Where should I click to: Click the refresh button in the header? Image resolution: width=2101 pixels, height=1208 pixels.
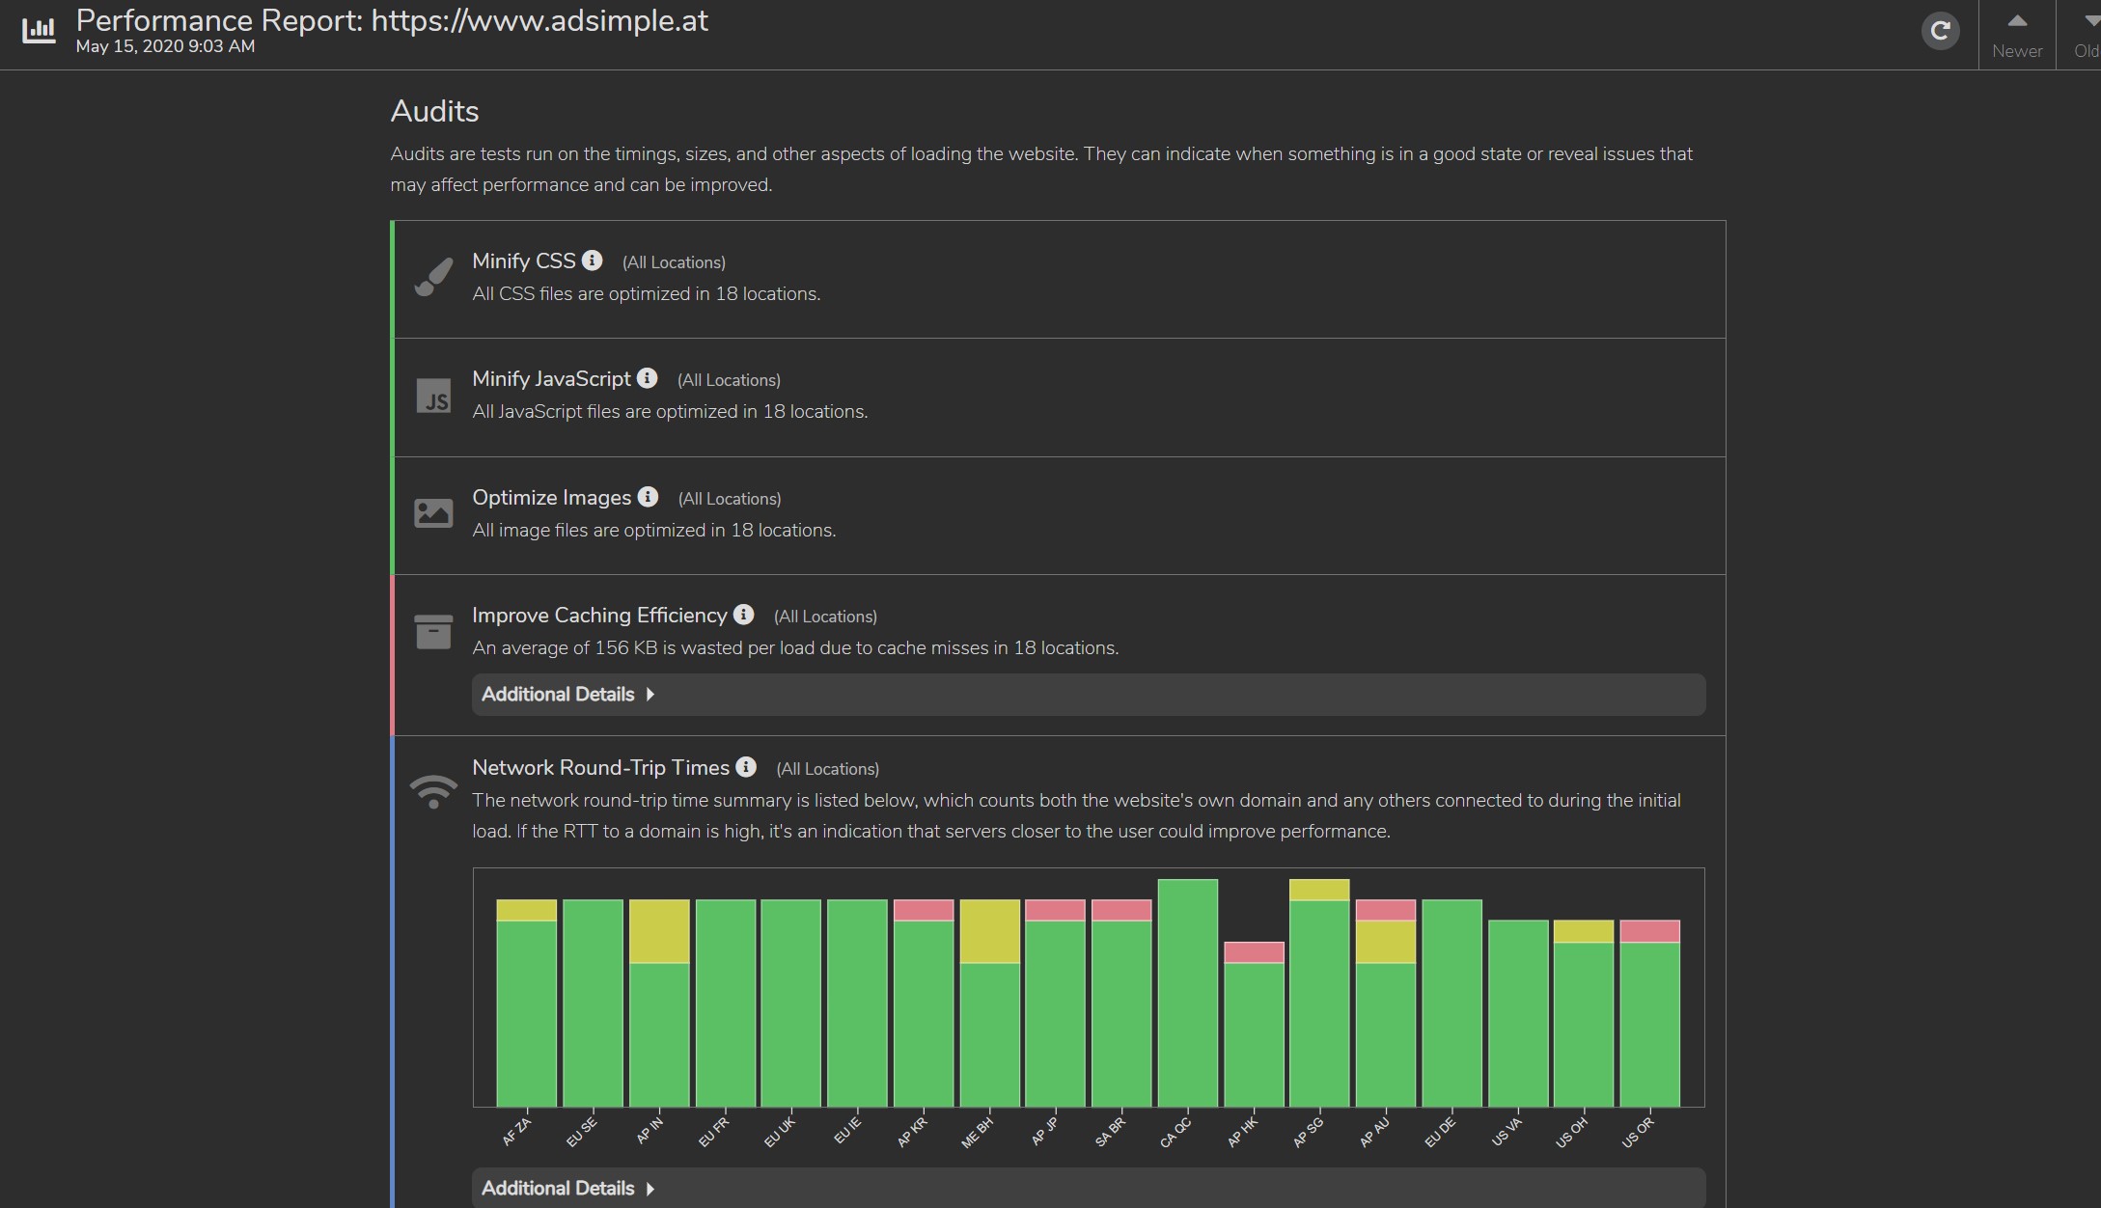1940,31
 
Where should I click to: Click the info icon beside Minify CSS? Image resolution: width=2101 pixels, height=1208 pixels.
593,261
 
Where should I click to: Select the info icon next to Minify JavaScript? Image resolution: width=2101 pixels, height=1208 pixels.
648,378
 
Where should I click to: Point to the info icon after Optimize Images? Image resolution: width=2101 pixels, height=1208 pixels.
649,497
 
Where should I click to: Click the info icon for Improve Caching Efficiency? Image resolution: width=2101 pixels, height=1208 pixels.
743,615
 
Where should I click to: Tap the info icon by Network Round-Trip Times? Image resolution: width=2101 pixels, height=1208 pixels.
746,767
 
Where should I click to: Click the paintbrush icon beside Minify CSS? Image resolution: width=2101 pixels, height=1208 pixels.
433,277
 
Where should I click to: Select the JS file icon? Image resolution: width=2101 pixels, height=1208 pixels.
433,396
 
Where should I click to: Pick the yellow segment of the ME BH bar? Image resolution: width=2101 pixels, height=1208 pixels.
989,931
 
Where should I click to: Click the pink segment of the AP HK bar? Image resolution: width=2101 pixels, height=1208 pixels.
1254,952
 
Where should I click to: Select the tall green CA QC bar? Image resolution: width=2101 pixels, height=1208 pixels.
1187,994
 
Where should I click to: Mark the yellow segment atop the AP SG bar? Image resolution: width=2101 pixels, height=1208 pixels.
1319,890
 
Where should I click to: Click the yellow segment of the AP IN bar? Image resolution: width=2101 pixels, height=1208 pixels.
659,931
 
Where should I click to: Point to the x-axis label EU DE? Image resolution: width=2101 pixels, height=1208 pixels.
1439,1133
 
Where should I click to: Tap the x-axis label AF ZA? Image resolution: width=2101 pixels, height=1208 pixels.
516,1133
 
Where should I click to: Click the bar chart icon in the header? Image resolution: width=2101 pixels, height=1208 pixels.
39,31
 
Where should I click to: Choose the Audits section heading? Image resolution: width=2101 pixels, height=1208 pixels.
434,111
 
